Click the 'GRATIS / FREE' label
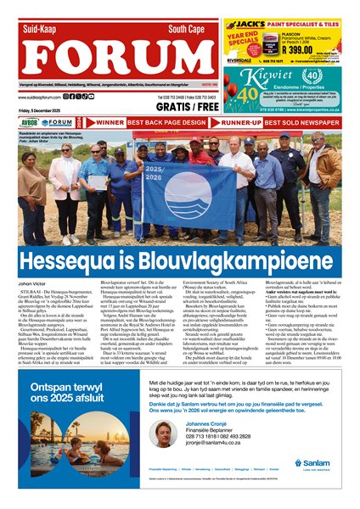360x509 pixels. [x=187, y=109]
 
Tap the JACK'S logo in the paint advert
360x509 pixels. [x=254, y=25]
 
